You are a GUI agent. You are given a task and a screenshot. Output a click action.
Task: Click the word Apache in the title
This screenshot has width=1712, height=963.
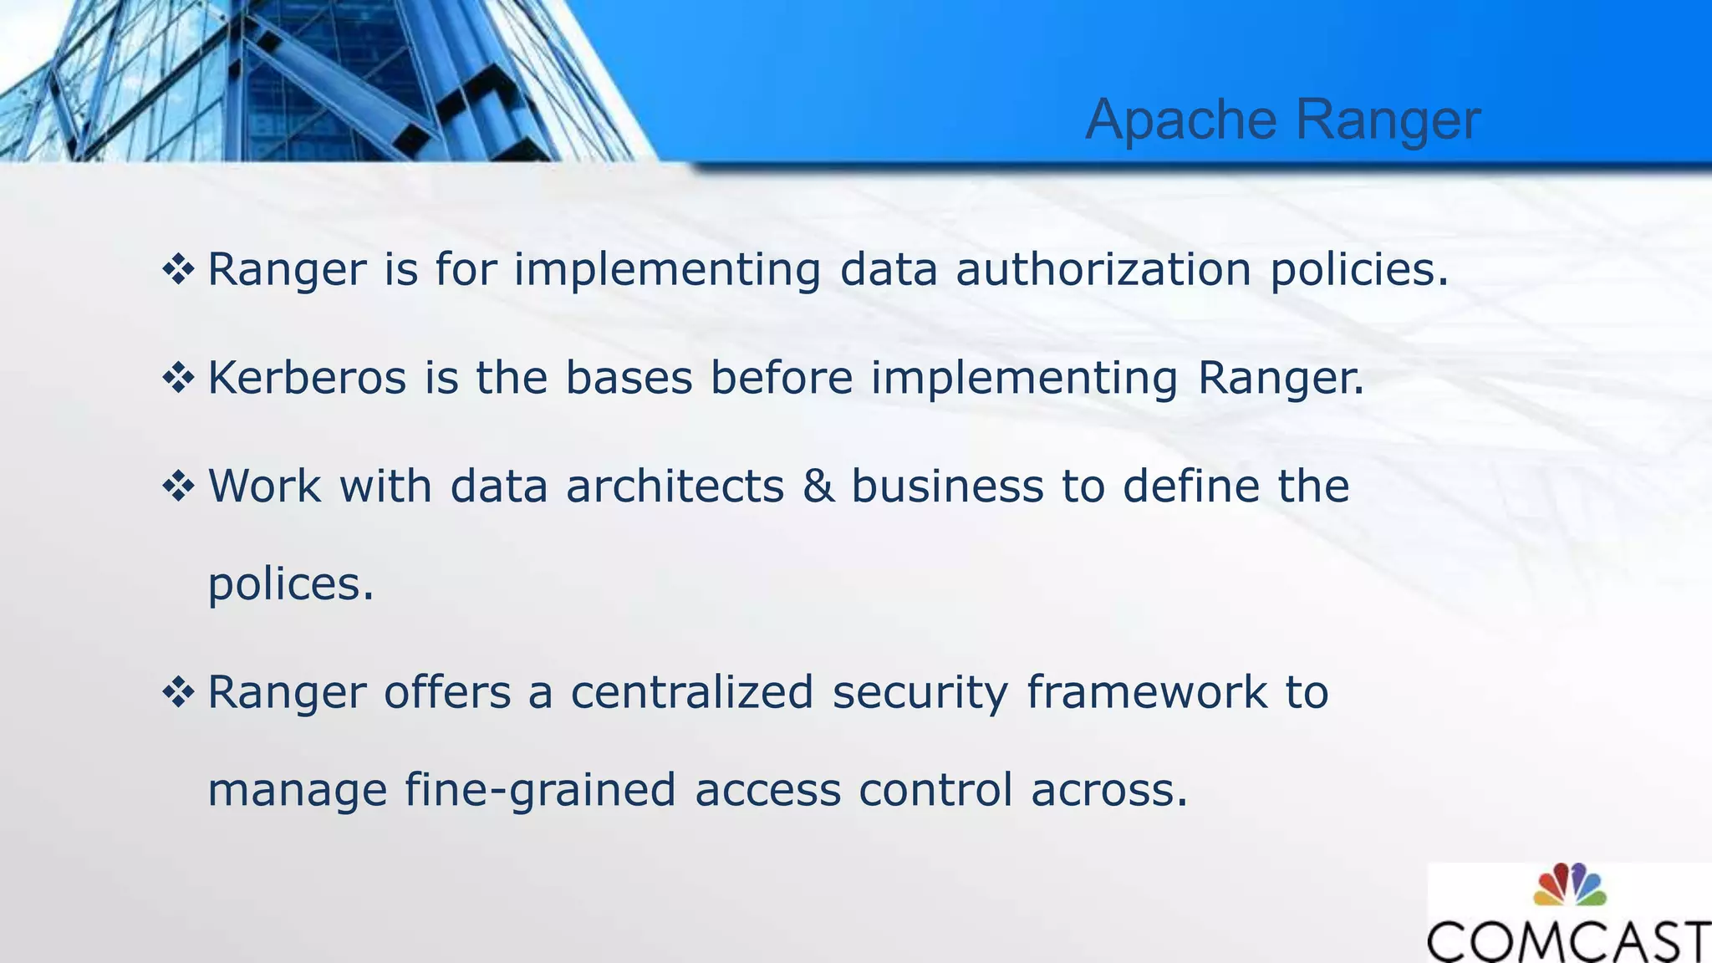[1180, 120]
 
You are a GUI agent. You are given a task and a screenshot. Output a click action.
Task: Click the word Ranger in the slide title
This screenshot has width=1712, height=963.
[1388, 120]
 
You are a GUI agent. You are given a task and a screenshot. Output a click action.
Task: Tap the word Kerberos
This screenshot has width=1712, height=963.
[307, 377]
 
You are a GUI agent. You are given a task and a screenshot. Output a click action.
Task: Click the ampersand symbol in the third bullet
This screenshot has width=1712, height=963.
[818, 486]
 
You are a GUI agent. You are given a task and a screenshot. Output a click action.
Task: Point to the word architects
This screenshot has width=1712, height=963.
[675, 486]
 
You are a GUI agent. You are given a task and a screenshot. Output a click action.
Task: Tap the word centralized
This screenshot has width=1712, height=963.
[691, 692]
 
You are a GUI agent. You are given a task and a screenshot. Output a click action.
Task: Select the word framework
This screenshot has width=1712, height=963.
[1146, 692]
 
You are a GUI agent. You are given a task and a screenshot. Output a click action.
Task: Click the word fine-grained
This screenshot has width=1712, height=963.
[540, 790]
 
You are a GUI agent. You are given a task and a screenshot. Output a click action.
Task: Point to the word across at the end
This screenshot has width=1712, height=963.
[1108, 790]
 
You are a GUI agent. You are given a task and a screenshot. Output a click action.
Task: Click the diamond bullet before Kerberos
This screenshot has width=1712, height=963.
[178, 378]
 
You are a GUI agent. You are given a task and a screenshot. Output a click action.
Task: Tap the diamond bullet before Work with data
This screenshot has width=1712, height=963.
[178, 486]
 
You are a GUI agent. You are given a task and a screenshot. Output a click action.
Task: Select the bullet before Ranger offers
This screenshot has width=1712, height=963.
[178, 692]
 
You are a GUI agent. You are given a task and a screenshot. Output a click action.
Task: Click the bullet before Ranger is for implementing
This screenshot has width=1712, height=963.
[178, 270]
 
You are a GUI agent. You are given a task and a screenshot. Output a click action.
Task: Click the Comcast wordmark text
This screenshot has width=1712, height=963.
[1568, 941]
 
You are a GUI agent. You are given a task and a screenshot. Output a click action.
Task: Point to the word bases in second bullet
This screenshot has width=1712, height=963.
[629, 377]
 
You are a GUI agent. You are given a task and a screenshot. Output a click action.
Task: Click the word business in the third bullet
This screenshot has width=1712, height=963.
[947, 486]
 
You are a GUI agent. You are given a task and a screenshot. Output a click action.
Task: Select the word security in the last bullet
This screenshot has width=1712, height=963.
[920, 692]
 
